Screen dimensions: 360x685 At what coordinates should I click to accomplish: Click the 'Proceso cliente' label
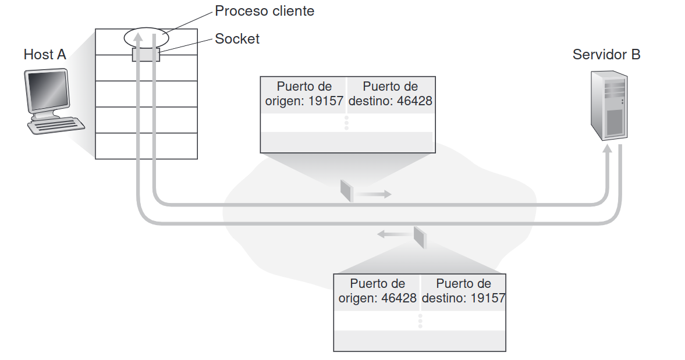point(264,10)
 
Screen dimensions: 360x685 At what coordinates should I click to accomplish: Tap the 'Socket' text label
point(237,39)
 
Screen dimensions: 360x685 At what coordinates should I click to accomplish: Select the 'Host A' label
point(45,55)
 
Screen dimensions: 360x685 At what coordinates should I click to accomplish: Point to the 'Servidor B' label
point(606,55)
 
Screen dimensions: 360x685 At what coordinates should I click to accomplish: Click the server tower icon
point(609,105)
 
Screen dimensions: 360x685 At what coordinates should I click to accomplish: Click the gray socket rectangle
point(145,55)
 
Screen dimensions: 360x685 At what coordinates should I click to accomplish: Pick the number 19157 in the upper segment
point(325,101)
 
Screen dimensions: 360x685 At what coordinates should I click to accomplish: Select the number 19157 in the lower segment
point(485,298)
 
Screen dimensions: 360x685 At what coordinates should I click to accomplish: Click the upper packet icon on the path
point(347,190)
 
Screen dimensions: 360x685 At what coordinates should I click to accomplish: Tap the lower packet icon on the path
point(420,237)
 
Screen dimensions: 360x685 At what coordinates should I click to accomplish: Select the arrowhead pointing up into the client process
point(137,37)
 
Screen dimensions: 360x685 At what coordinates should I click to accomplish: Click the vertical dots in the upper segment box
point(346,123)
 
